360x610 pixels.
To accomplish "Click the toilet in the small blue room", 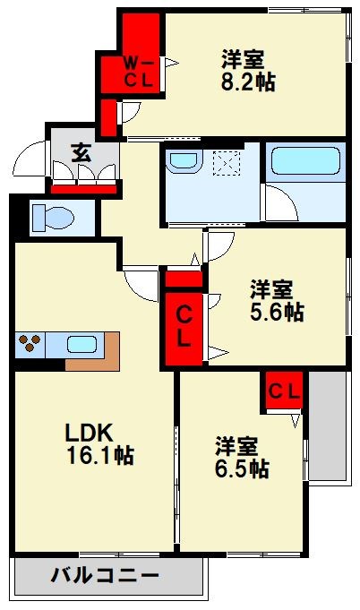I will pos(54,218).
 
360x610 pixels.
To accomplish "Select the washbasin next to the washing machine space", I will pos(184,162).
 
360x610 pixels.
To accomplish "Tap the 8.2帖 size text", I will pos(248,82).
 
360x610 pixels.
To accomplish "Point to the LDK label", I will pos(87,431).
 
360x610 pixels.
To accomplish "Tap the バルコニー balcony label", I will pos(105,575).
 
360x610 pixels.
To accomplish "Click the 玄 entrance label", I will pos(81,152).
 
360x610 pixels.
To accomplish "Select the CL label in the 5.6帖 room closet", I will pos(183,326).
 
